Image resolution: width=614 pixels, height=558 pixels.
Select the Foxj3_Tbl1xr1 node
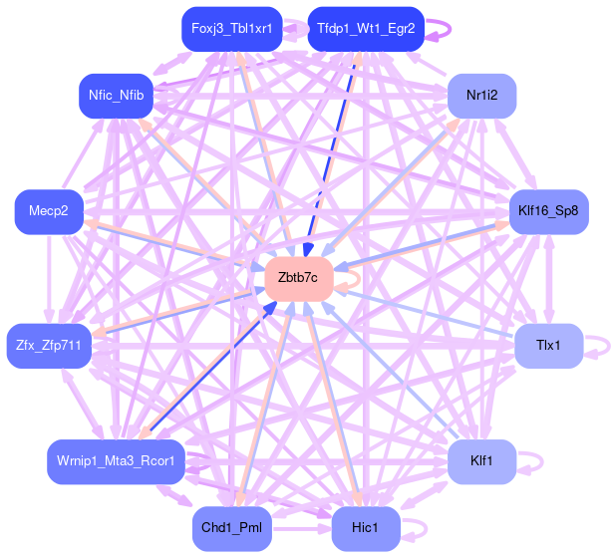(x=231, y=28)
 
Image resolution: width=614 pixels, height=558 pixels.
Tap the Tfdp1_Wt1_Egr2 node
(x=366, y=28)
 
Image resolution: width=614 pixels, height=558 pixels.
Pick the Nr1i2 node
(x=481, y=96)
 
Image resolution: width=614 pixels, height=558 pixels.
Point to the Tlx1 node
(x=548, y=346)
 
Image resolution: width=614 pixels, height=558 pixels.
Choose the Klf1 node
(x=481, y=461)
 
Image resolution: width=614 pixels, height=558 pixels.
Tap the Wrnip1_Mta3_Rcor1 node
(x=116, y=461)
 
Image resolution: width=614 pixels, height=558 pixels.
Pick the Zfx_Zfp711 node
(x=49, y=346)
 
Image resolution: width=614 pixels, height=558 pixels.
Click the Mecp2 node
(x=49, y=211)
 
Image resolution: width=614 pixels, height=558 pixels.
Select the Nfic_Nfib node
(x=116, y=96)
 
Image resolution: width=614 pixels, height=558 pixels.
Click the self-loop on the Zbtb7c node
(x=352, y=277)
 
